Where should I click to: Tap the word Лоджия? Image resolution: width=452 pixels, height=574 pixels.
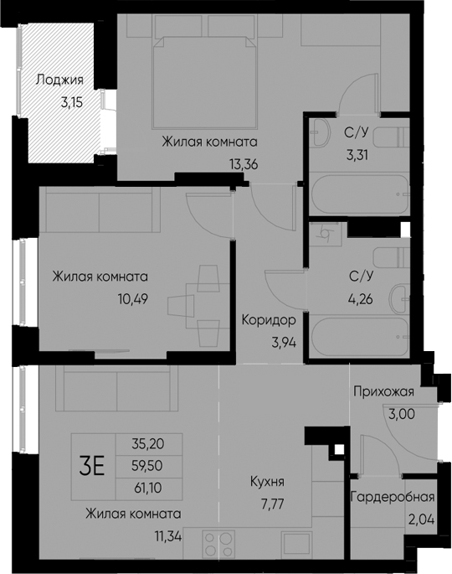[59, 80]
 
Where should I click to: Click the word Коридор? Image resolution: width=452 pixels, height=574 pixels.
[269, 320]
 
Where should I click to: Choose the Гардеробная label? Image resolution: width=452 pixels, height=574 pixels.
[392, 494]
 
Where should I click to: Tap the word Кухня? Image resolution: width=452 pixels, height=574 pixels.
[267, 482]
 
